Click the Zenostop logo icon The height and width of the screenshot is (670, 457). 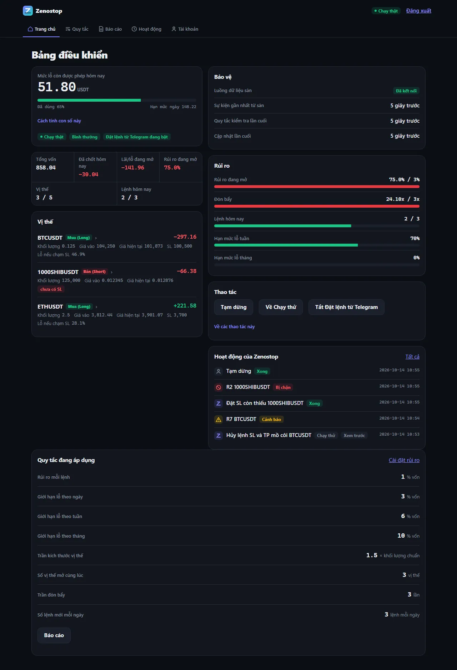28,11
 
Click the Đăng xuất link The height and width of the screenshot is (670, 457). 418,11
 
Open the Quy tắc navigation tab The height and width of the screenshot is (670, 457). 77,29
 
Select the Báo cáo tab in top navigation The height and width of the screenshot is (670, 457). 110,29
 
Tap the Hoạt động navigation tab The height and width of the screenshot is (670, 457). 146,29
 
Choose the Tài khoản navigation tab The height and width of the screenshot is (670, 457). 185,29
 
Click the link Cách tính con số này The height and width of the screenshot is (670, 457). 59,121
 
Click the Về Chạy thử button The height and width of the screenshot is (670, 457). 281,307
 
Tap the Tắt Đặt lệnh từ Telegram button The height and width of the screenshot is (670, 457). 346,307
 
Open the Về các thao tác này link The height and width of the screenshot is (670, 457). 234,326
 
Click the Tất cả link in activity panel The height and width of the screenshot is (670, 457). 412,357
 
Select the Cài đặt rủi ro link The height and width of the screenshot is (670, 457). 404,460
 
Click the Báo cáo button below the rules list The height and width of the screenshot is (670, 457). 54,635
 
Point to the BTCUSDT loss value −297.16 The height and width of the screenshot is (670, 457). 185,237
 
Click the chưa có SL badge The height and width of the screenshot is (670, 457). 51,289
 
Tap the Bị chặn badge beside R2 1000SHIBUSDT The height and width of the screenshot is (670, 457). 283,387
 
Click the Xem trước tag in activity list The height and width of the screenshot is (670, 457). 354,436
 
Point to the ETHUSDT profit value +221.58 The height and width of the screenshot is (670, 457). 185,306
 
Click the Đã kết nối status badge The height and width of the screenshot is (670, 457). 406,91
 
